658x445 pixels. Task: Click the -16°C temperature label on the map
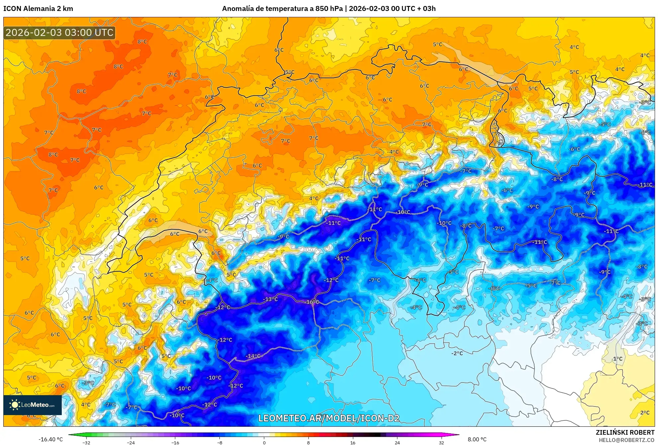pos(312,302)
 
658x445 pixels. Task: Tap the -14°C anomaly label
pos(253,356)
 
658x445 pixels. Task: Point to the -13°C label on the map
pos(271,299)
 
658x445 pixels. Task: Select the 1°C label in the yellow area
pos(617,359)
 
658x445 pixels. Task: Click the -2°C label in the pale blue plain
pos(457,353)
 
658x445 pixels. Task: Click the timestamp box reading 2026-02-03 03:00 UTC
pos(59,33)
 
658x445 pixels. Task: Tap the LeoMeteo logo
pos(33,405)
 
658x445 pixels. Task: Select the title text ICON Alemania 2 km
pos(38,9)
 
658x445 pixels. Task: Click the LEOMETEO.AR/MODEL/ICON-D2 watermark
pos(329,418)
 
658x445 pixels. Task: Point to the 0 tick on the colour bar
pos(264,442)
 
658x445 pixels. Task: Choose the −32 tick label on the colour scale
pos(86,442)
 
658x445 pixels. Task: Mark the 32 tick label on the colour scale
pos(441,442)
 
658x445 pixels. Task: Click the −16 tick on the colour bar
pos(175,442)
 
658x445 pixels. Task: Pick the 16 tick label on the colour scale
pos(353,442)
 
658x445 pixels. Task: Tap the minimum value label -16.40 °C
pos(50,439)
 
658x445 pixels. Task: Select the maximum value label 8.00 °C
pos(477,439)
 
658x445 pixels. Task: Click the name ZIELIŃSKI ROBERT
pos(625,432)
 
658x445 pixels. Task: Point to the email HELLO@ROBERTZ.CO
pos(626,440)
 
